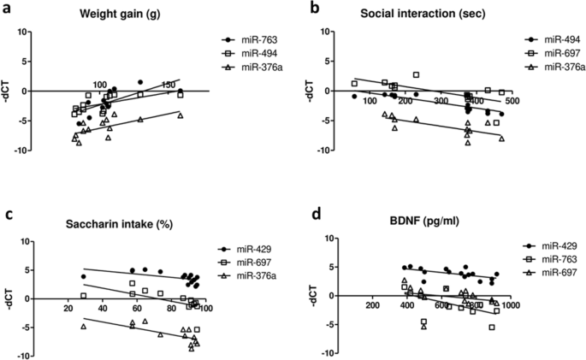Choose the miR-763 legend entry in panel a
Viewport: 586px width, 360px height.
[253, 40]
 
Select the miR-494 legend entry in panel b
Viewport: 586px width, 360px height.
[553, 40]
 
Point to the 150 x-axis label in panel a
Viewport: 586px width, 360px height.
[169, 84]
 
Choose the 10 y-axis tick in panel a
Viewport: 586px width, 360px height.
[25, 32]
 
